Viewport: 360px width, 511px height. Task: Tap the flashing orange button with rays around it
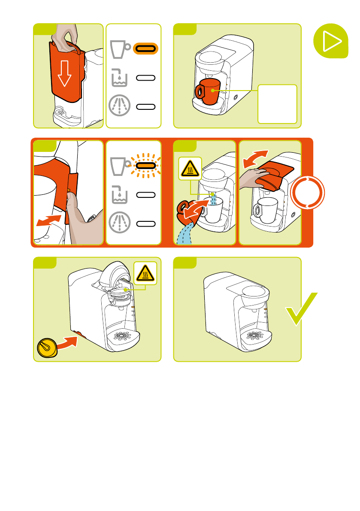(x=146, y=166)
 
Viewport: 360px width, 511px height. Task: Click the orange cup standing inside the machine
(x=208, y=91)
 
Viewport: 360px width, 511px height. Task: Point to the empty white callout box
(x=277, y=104)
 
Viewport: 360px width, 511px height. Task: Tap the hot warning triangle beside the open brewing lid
(x=145, y=272)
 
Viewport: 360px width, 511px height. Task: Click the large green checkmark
(x=302, y=310)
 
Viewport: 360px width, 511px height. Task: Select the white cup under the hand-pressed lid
(x=266, y=209)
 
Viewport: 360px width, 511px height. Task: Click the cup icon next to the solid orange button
(x=120, y=49)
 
